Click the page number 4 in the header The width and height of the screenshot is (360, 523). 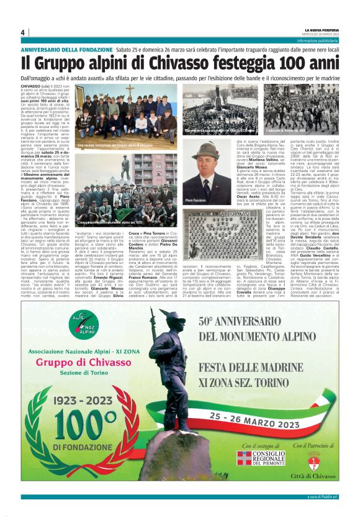click(22, 32)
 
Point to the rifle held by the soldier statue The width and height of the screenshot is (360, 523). click(154, 342)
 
